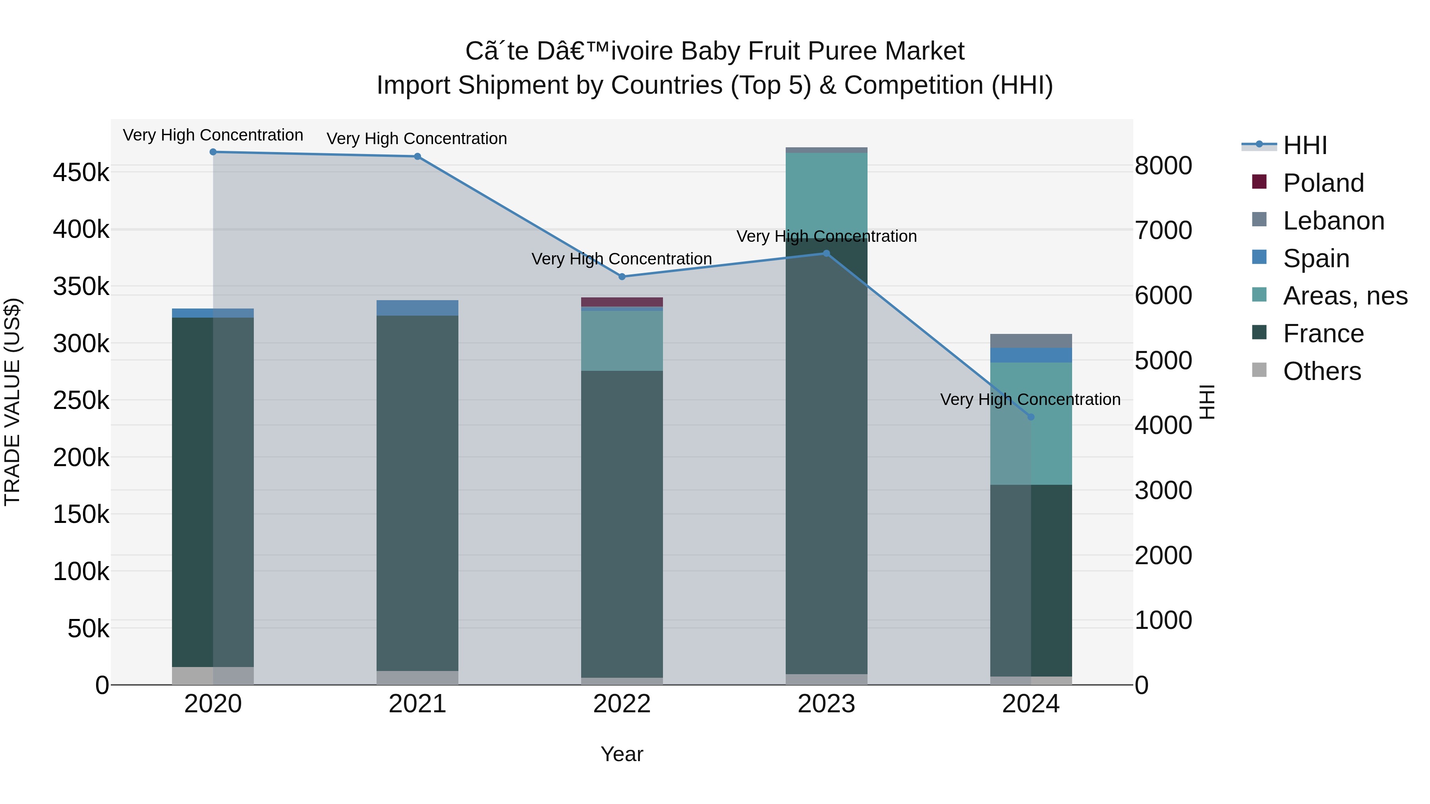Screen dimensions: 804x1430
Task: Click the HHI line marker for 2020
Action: [x=213, y=152]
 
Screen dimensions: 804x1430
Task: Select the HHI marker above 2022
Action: [x=622, y=276]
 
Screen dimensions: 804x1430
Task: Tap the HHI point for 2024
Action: [x=1031, y=417]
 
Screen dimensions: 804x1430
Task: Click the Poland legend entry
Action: [x=1323, y=183]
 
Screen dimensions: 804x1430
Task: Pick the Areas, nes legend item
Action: [x=1345, y=296]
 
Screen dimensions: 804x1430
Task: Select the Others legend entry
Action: [x=1322, y=371]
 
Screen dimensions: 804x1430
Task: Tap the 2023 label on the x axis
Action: [x=826, y=704]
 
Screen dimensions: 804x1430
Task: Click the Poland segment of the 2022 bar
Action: [x=622, y=302]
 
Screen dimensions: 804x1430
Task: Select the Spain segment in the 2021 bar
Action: [x=417, y=308]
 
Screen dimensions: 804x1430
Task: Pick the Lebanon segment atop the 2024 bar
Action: [x=1031, y=341]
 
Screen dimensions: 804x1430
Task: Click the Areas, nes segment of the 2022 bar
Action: [x=622, y=341]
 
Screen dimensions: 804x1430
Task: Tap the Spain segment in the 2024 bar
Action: [x=1031, y=355]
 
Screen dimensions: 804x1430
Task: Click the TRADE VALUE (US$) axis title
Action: [x=13, y=402]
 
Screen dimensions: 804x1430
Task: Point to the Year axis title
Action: [x=622, y=754]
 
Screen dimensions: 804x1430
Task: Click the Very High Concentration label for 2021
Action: [x=417, y=139]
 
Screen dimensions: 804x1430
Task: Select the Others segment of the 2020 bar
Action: [x=213, y=675]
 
